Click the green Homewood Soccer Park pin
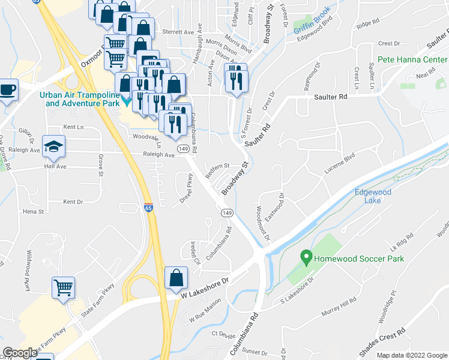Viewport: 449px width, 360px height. pos(306,259)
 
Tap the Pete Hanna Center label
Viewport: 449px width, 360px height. pos(412,60)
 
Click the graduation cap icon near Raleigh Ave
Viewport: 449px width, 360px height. pos(53,146)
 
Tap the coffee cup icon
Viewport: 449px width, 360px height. pos(7,90)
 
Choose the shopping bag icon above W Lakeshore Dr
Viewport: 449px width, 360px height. pos(176,278)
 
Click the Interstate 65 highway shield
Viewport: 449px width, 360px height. pos(148,208)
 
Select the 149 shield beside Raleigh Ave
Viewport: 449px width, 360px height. pos(183,148)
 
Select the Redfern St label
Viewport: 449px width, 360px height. pos(218,166)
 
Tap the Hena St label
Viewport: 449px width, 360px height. pos(33,212)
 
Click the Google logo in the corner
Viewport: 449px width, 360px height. pos(20,353)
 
